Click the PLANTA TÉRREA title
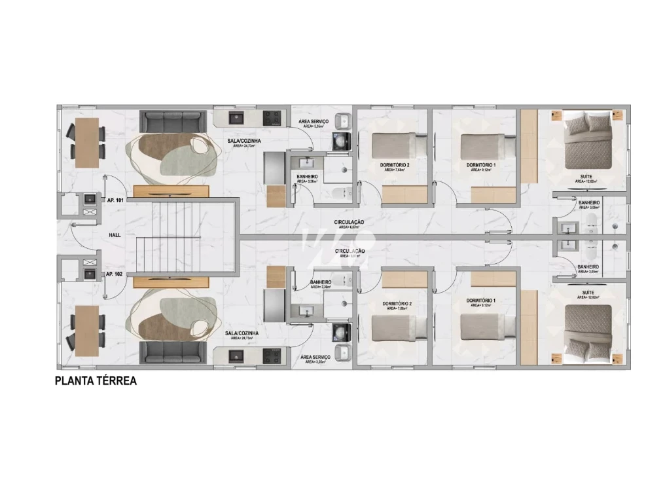pos(96,380)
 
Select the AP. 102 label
pos(114,274)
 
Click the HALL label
pos(115,234)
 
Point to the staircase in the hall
pos(180,238)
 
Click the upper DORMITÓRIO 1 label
pos(481,165)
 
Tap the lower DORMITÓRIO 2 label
pos(397,304)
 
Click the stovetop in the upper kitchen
pos(273,119)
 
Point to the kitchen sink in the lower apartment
pos(236,356)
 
